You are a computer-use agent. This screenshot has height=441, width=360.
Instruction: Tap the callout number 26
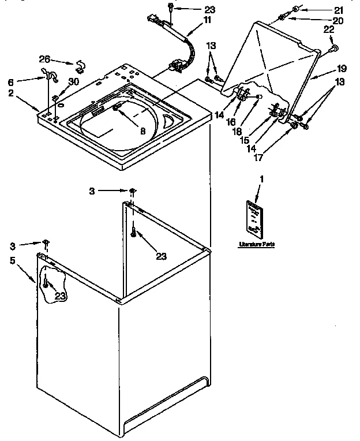click(44, 58)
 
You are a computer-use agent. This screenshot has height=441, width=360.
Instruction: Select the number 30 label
click(73, 81)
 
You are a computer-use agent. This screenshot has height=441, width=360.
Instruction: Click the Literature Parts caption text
click(257, 244)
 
